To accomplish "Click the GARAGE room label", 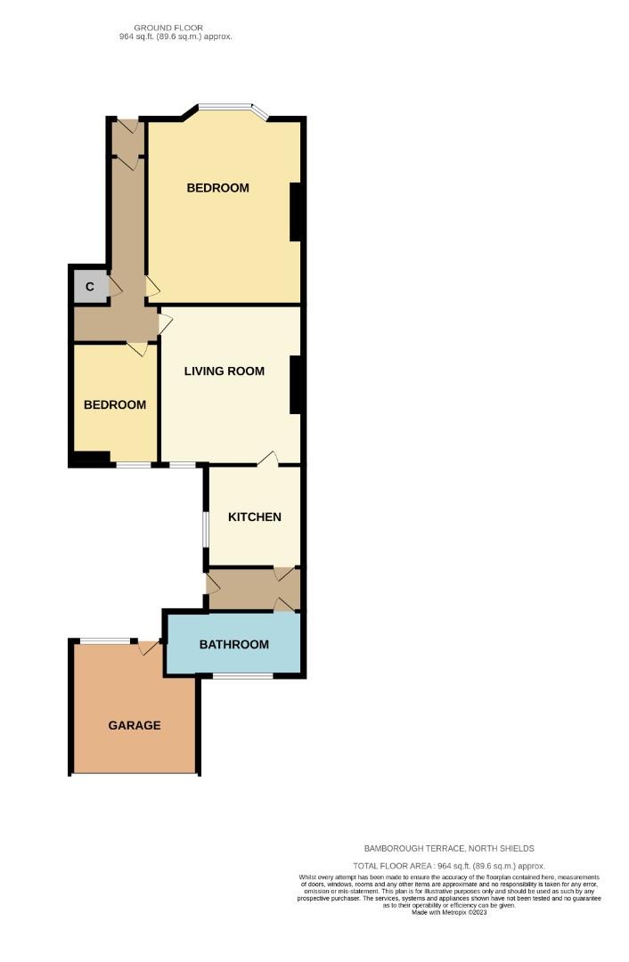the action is tap(135, 725).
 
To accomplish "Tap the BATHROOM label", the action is tap(233, 644).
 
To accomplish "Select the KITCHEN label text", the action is tap(255, 518).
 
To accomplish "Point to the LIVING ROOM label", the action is tap(225, 371).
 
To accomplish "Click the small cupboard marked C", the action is tap(90, 287).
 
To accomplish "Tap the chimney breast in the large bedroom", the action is tap(295, 212).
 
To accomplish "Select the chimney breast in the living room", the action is tap(295, 386).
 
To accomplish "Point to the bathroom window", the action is tap(243, 676).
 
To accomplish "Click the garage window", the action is tap(105, 641).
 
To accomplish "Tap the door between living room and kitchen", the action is tap(268, 459).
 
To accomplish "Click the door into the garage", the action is tap(149, 648).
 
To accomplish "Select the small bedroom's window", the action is tap(134, 465).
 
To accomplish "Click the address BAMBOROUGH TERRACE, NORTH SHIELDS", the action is tap(449, 849).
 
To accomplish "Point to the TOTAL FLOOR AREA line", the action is tap(448, 867).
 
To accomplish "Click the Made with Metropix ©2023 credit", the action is tap(449, 912).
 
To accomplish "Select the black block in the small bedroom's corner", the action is tap(91, 458).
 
